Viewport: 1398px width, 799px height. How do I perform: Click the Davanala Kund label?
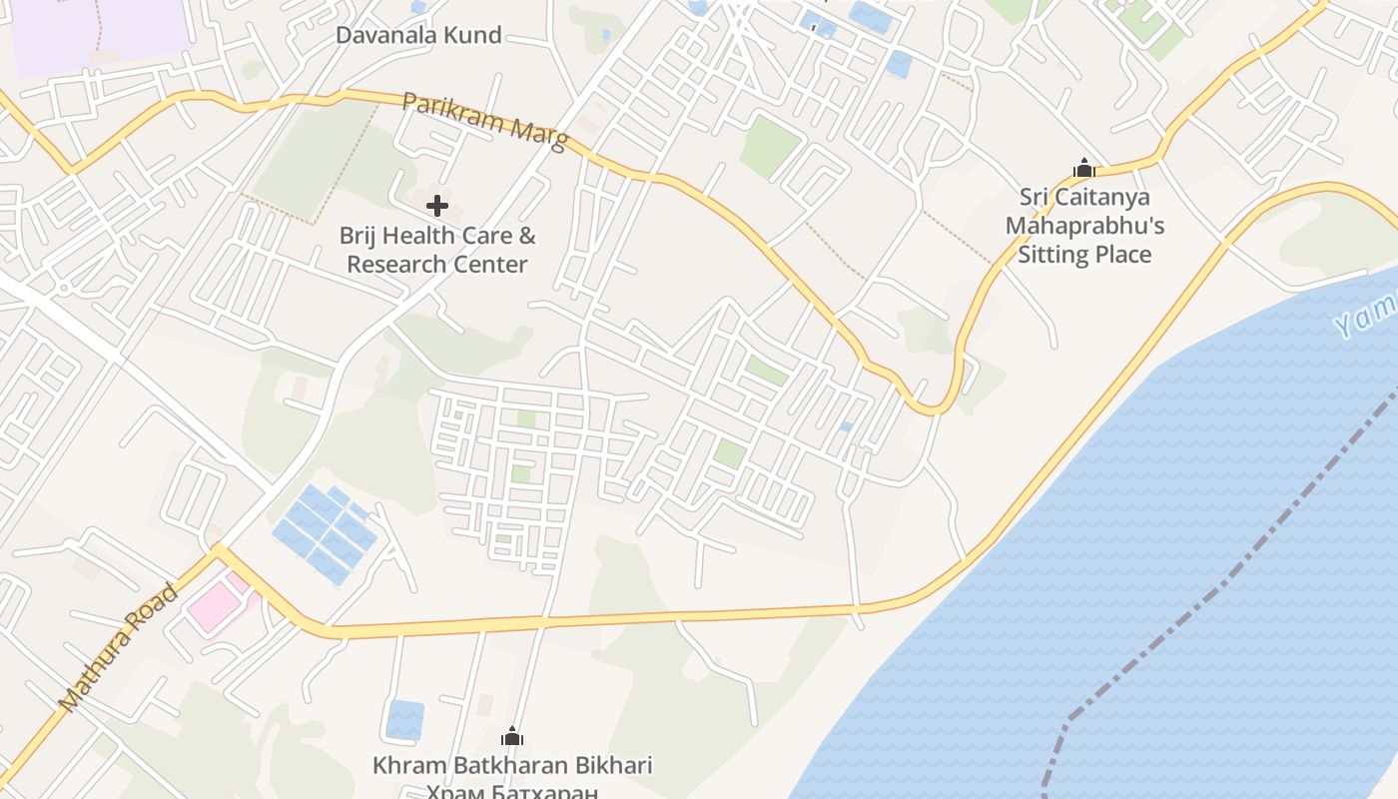(x=417, y=36)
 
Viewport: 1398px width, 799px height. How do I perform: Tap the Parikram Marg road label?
(x=484, y=121)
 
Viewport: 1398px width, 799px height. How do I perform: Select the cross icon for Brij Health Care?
(x=436, y=206)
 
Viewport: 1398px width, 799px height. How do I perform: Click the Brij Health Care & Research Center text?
(x=437, y=250)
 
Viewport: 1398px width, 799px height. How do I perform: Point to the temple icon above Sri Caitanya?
(x=1084, y=168)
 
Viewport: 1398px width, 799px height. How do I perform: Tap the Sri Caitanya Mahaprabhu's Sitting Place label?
(x=1084, y=226)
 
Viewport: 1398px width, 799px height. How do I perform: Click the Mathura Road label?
(x=118, y=649)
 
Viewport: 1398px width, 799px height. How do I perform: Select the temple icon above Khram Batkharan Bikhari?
(x=512, y=738)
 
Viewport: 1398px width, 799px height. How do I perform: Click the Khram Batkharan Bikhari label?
(x=512, y=766)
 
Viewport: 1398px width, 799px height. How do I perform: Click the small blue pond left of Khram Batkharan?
(x=404, y=719)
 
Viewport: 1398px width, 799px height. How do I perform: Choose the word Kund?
(x=475, y=36)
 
